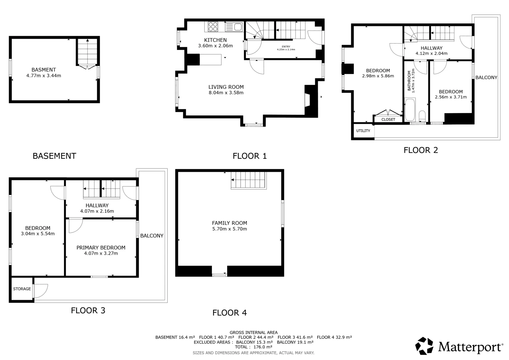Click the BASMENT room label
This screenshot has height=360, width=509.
point(44,70)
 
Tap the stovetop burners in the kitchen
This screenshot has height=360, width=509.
point(213,26)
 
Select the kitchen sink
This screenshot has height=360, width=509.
point(234,27)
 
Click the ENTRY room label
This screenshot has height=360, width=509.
point(286,46)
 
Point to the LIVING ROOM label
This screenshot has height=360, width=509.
point(226,87)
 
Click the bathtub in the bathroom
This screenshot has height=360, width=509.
point(410,110)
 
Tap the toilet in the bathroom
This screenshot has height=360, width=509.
point(422,116)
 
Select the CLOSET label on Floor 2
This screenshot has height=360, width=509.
point(388,120)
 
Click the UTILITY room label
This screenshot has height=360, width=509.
point(363,131)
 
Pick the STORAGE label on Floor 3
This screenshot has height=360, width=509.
point(22,289)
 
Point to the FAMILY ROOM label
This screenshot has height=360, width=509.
point(229,223)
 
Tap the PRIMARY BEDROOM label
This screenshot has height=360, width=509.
point(101,247)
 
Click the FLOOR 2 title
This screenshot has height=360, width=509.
point(421,150)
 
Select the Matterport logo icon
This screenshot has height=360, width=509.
point(424,346)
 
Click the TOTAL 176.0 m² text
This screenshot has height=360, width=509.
point(254,347)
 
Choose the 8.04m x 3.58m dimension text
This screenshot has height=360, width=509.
point(226,93)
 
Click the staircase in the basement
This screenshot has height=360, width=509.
point(87,52)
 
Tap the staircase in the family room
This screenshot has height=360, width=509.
point(248,180)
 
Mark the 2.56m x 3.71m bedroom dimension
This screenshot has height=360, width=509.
point(451,97)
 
